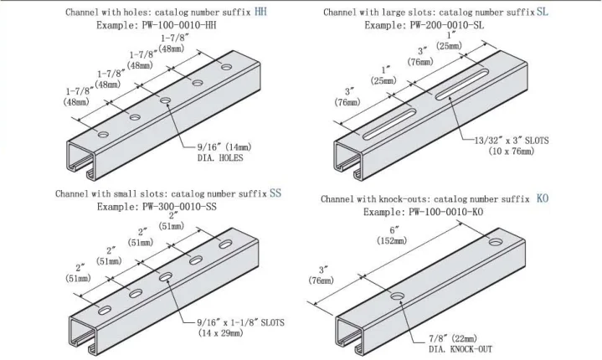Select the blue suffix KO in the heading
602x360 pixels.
[543, 199]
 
